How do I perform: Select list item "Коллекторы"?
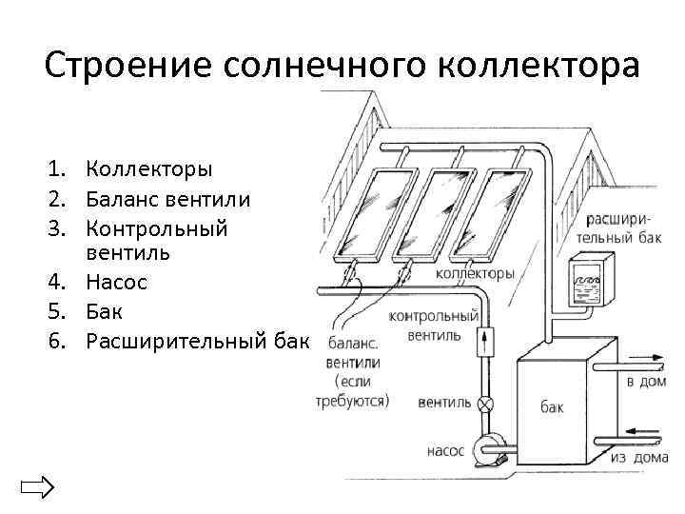149,169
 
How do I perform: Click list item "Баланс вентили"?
168,199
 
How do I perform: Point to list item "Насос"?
116,283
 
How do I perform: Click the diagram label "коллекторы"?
476,273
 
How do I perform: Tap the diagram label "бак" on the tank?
552,407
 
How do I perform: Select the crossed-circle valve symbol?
486,405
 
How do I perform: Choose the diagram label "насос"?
445,451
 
